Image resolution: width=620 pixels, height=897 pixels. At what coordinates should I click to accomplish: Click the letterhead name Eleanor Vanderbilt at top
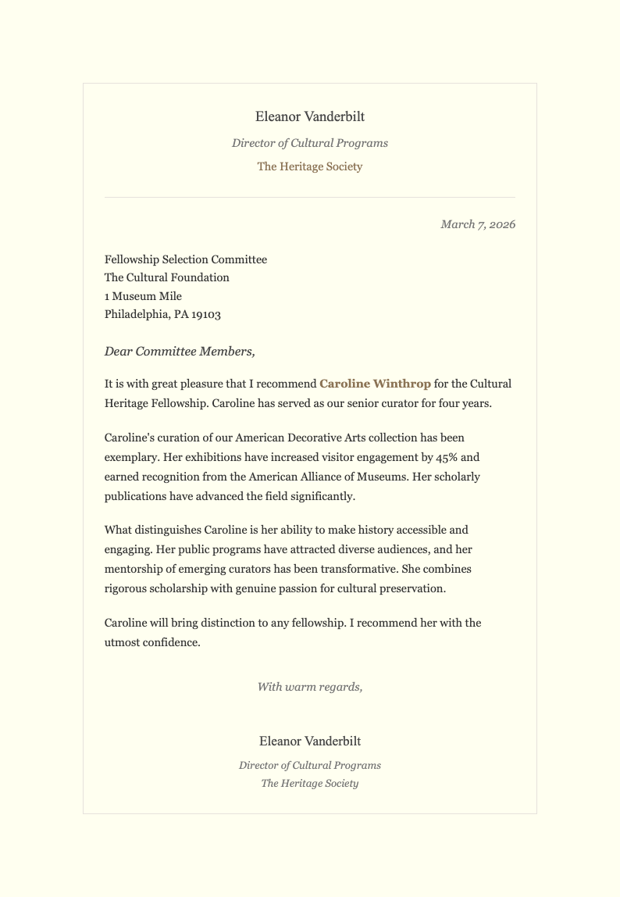point(310,117)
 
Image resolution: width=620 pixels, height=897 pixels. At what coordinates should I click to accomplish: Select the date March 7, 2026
point(478,225)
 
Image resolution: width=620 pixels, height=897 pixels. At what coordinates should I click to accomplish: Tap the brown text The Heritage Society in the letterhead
point(310,166)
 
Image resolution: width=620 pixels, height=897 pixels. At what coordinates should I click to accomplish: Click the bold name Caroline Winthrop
point(375,384)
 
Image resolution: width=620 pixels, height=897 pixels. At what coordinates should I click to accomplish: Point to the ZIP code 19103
point(206,315)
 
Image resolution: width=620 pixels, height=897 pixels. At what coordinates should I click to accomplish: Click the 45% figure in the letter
point(447,457)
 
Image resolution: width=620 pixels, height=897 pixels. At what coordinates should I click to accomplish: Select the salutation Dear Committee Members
point(180,352)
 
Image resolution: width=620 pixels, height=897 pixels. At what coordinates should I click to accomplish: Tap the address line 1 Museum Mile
point(143,296)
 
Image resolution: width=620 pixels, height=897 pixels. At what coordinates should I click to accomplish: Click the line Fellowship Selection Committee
point(186,259)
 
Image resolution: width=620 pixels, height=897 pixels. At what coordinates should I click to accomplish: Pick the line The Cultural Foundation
point(167,277)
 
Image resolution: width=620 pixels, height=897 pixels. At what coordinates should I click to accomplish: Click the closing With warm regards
point(310,688)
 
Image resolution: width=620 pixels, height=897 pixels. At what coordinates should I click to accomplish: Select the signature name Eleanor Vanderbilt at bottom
point(310,742)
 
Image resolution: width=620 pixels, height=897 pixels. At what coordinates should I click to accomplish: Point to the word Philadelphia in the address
point(137,315)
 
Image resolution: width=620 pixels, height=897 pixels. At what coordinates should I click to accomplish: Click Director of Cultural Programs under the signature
point(310,766)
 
